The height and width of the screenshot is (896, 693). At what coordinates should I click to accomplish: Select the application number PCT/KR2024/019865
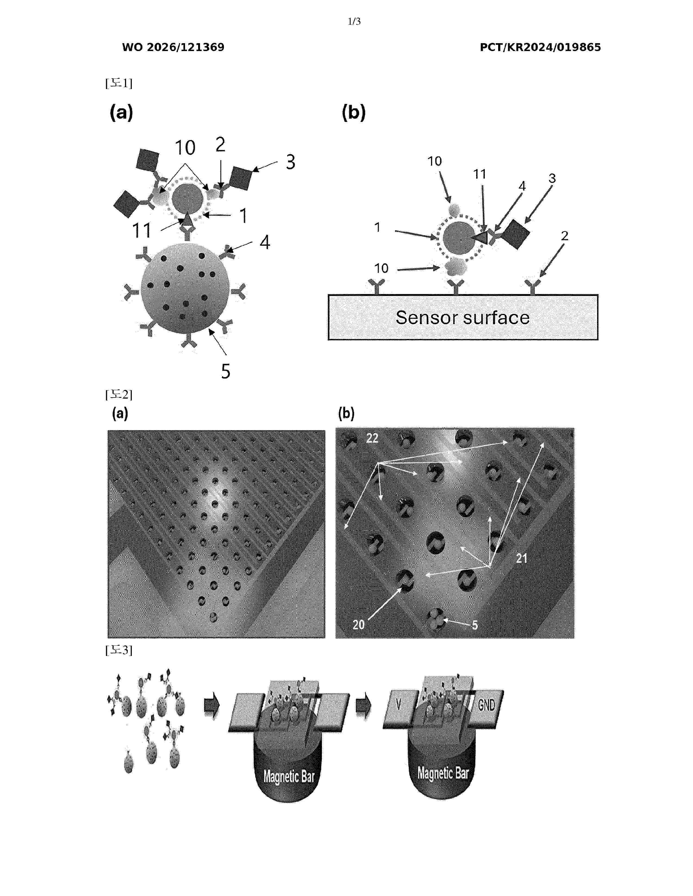click(x=540, y=47)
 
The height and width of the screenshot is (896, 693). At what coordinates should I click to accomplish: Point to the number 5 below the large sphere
click(x=226, y=371)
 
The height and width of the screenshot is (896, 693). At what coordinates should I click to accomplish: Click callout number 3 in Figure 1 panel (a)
click(x=291, y=162)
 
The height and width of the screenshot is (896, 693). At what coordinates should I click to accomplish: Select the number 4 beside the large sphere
click(x=265, y=242)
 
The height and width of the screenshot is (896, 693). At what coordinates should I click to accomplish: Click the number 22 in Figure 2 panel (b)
click(x=372, y=438)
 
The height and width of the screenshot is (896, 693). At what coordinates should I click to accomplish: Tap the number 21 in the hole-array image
click(x=522, y=558)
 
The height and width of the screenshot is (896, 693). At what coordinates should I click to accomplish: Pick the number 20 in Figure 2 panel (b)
click(x=358, y=624)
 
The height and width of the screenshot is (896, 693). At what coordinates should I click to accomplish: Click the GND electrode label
click(x=486, y=705)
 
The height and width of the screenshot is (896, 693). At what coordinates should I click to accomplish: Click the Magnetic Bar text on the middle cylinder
click(x=289, y=776)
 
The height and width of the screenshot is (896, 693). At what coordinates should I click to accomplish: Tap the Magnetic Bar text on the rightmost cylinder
click(x=443, y=773)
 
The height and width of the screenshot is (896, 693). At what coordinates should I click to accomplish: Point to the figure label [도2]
click(x=119, y=395)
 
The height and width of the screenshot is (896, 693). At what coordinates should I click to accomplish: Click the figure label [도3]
click(x=119, y=650)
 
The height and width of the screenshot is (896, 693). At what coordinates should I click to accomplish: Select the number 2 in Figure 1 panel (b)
click(x=564, y=236)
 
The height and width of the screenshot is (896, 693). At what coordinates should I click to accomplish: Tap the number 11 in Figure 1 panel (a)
click(x=142, y=231)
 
